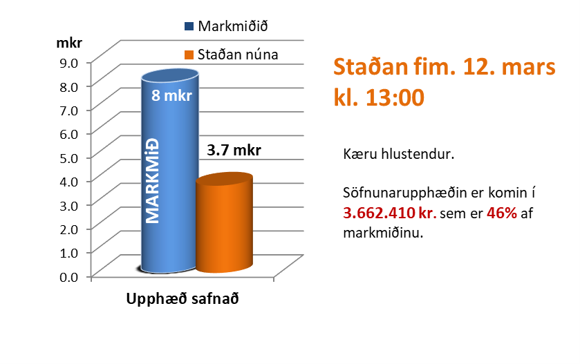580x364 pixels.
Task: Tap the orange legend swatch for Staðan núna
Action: tap(189, 54)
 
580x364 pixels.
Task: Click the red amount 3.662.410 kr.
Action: tap(390, 213)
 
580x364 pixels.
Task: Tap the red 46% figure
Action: tap(502, 213)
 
